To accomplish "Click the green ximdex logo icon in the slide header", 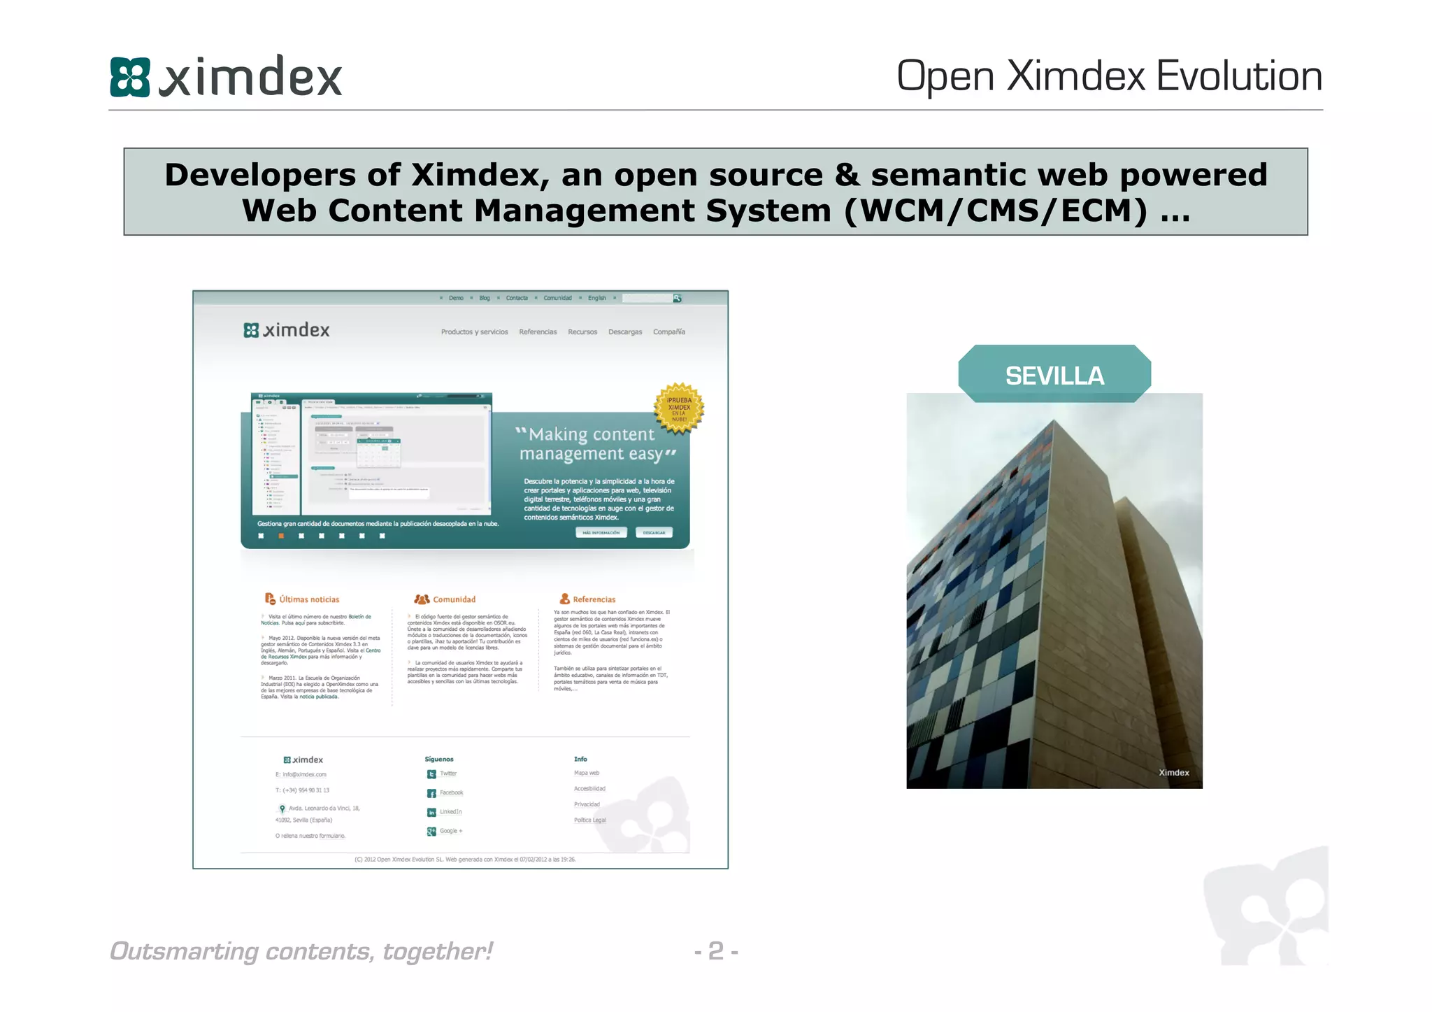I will [130, 77].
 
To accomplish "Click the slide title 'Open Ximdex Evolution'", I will [1109, 76].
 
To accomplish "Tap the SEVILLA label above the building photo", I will [1054, 376].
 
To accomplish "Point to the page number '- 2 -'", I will [716, 951].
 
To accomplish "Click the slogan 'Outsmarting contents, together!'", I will [301, 951].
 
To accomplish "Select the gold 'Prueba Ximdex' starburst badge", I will [678, 408].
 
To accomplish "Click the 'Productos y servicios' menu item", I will [474, 332].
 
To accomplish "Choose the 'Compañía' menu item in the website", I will [668, 332].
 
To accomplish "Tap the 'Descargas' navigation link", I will [624, 332].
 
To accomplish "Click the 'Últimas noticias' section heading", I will [308, 599].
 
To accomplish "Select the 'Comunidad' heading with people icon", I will [453, 599].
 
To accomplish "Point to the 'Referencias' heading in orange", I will [594, 599].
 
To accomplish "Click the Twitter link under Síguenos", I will [447, 774].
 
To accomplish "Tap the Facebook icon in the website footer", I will [432, 793].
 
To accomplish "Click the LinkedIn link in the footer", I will [450, 812].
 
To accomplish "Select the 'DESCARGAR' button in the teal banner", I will [654, 533].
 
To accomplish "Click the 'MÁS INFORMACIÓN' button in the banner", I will [601, 533].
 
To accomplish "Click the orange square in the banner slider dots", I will [281, 536].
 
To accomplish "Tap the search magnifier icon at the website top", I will [677, 299].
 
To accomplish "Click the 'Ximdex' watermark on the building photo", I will [1173, 773].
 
